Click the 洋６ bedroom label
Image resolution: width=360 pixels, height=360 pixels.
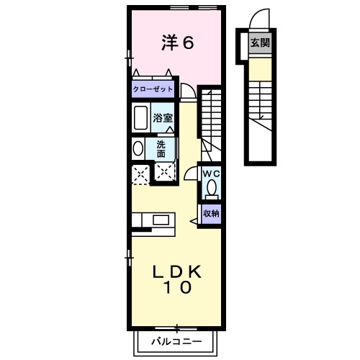177,43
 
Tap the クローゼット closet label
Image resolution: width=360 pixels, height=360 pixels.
152,90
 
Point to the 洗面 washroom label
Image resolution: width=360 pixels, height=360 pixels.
162,148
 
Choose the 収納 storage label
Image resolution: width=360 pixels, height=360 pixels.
210,213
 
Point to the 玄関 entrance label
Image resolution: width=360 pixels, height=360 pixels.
260,43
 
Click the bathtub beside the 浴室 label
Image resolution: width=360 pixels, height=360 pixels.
141,117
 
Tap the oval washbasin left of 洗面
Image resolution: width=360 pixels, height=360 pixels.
138,148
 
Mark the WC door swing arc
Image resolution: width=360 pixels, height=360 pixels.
190,174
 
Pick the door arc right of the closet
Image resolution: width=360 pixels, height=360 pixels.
187,91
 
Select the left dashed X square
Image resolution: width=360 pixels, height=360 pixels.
140,173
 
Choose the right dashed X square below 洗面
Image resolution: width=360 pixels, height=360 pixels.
165,173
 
